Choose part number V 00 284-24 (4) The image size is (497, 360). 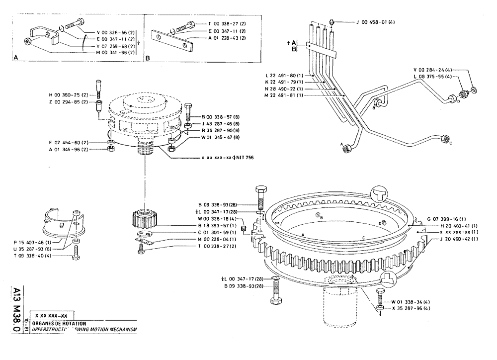click(x=432, y=70)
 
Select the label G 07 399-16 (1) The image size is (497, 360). click(x=447, y=219)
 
